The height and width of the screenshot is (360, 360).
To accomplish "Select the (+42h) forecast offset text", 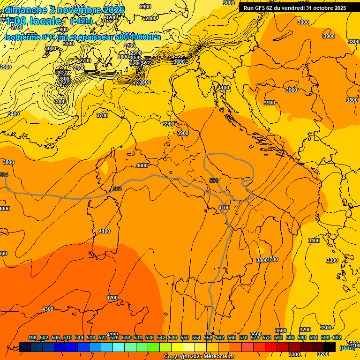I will tap(82, 21).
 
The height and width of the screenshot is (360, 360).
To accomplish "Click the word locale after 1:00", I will tap(45, 21).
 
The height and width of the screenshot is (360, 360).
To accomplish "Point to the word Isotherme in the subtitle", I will tap(23, 37).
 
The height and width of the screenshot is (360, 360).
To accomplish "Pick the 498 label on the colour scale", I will tap(32, 337).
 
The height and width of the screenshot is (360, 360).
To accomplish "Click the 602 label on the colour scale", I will tap(337, 337).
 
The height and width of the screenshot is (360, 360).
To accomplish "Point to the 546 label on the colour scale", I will tap(173, 337).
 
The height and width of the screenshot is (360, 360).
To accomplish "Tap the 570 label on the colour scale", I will tap(243, 337).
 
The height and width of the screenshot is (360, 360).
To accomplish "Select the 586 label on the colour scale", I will tap(290, 337).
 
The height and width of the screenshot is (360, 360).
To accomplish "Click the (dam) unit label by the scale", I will tap(347, 348).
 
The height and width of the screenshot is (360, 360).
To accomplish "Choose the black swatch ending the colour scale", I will tap(330, 347).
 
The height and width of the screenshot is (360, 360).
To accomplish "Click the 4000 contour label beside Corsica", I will tap(142, 165).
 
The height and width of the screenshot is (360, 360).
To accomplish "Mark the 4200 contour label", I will tap(112, 298).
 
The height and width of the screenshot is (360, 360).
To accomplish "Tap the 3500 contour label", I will tap(280, 330).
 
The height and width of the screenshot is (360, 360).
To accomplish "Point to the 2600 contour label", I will tap(79, 68).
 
